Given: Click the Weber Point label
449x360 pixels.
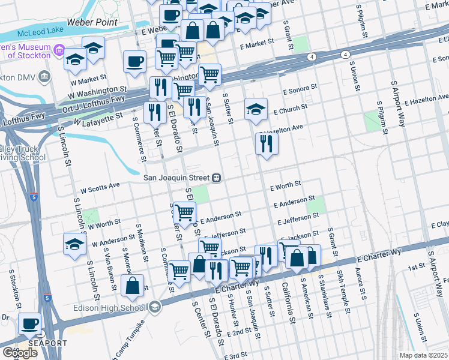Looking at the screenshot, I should (x=92, y=22).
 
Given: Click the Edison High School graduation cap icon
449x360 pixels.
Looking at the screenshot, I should (x=155, y=308).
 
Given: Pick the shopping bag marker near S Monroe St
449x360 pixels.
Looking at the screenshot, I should (x=132, y=286).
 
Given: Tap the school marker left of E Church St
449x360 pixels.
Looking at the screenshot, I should (x=256, y=110).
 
